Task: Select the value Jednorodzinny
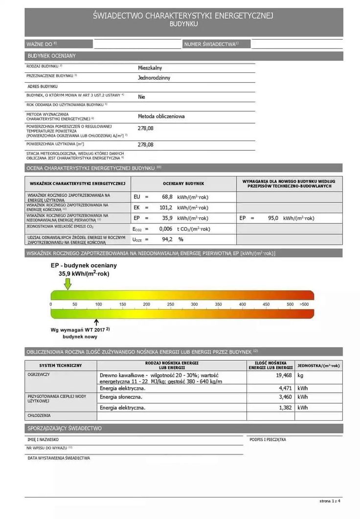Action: (x=154, y=77)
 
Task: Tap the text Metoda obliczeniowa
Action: (x=161, y=116)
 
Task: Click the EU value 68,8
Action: (x=167, y=197)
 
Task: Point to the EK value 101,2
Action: (x=166, y=207)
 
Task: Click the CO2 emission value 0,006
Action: (x=166, y=228)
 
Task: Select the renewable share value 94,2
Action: (x=167, y=239)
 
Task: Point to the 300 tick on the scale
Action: (x=194, y=304)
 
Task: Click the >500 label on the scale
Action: (x=304, y=304)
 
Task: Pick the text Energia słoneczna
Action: (x=121, y=397)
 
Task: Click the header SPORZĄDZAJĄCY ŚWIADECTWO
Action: (x=65, y=428)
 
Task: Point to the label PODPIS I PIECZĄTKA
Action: (x=268, y=439)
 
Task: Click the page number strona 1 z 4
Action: (x=330, y=501)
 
